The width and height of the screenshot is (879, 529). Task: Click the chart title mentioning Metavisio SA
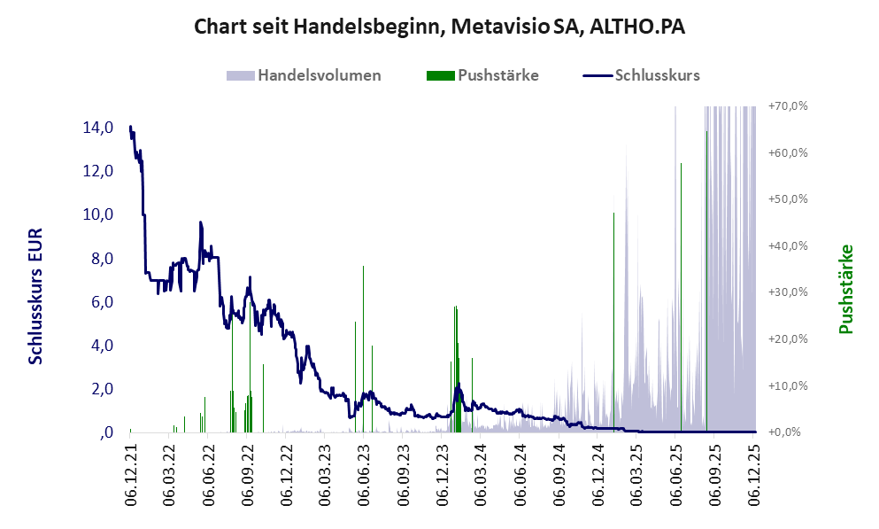pos(439,27)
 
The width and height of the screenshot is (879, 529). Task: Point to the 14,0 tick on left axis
pos(97,128)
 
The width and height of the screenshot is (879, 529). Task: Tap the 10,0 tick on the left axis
pos(97,214)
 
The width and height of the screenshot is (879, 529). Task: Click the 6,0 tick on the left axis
pos(97,302)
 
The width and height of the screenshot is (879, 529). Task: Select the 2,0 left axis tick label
pos(97,389)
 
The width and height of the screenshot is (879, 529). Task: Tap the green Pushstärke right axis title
pos(844,289)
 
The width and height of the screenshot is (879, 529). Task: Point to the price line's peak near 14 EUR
pos(130,127)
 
